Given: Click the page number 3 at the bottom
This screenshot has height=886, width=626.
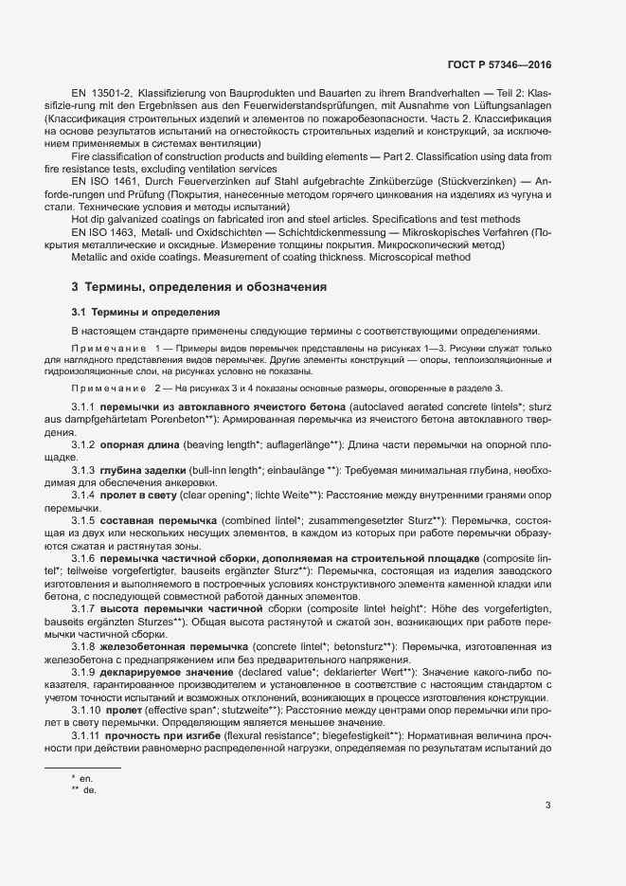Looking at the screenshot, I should (547, 805).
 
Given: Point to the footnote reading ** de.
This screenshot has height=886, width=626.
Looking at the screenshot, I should (83, 789).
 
